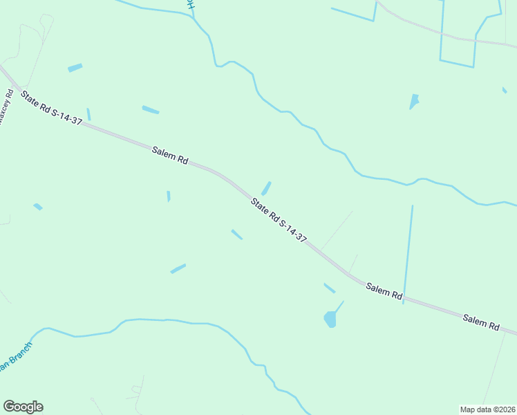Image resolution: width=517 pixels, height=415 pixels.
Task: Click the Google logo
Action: (23, 407)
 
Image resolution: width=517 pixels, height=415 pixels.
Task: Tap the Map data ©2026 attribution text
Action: (487, 409)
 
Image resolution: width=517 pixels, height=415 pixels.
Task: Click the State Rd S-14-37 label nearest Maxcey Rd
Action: (52, 109)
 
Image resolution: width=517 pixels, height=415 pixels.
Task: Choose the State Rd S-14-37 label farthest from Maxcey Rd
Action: (279, 220)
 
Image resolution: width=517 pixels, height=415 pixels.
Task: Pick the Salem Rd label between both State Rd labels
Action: (170, 154)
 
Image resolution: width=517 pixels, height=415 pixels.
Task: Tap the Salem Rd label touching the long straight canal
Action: (384, 291)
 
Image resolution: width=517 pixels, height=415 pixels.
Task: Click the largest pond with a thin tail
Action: (330, 319)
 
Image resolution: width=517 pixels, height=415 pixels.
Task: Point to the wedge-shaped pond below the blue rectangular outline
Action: (414, 102)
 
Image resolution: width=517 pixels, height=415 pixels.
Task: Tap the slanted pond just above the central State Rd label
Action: (266, 188)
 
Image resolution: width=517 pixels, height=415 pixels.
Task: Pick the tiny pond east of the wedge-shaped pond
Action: (505, 90)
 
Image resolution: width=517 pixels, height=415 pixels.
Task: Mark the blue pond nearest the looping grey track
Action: (75, 68)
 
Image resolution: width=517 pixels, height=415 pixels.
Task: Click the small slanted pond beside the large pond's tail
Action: (329, 288)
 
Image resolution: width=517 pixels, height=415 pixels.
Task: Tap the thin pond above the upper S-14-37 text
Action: (88, 114)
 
